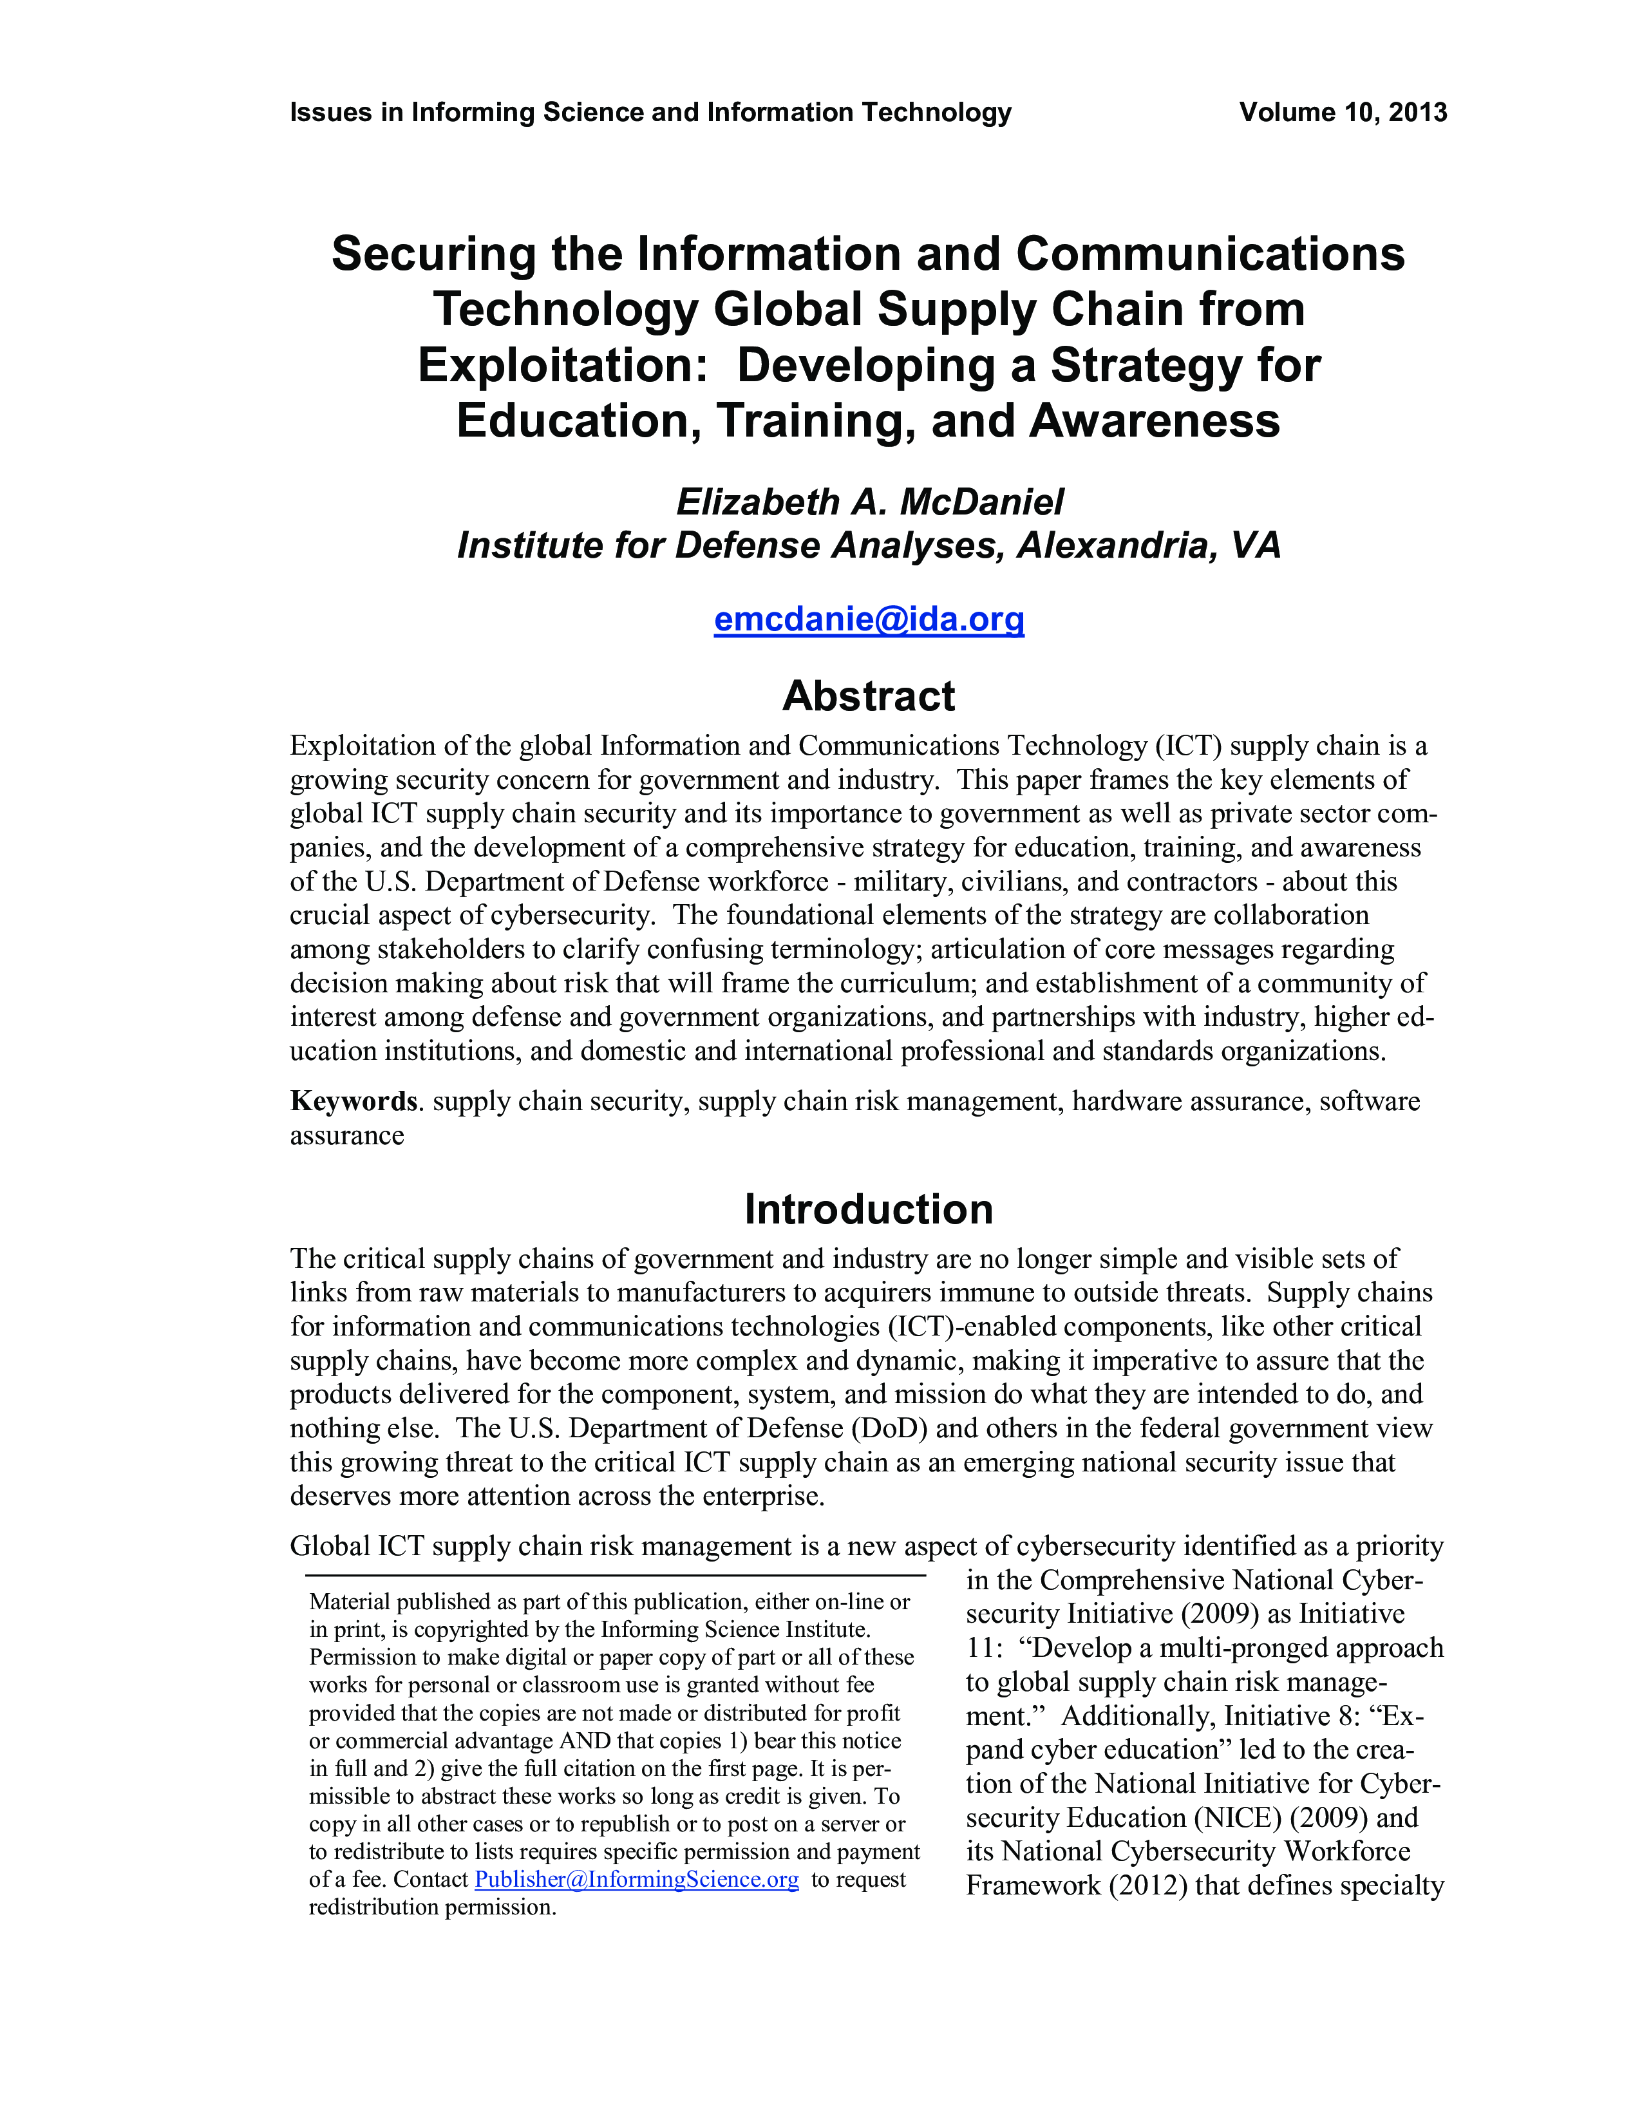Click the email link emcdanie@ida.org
click(869, 619)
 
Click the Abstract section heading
click(869, 697)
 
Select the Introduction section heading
click(869, 1209)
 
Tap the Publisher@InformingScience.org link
click(636, 1879)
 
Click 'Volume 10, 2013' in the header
click(1343, 113)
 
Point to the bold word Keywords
click(353, 1101)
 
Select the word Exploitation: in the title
click(562, 366)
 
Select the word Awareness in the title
click(1155, 421)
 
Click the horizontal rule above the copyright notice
click(615, 1575)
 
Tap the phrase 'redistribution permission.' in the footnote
click(433, 1907)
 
